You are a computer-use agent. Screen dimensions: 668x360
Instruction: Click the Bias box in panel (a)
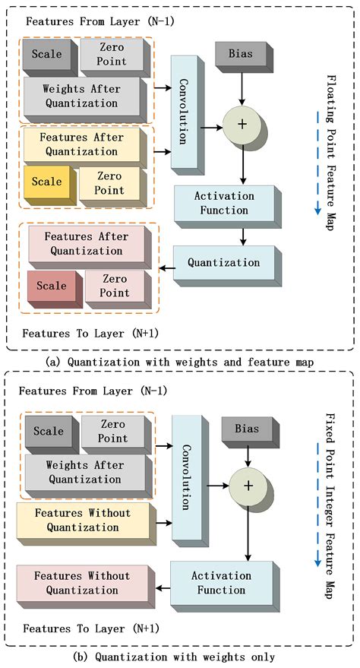point(242,55)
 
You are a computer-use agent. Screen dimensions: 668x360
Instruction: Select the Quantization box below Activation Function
point(223,262)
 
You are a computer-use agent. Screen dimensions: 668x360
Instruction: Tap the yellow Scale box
point(47,183)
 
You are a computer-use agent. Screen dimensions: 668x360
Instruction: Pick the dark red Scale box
point(52,287)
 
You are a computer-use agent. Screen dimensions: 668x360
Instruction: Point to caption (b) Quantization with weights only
point(179,657)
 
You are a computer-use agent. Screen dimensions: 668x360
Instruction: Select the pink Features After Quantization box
point(87,244)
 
